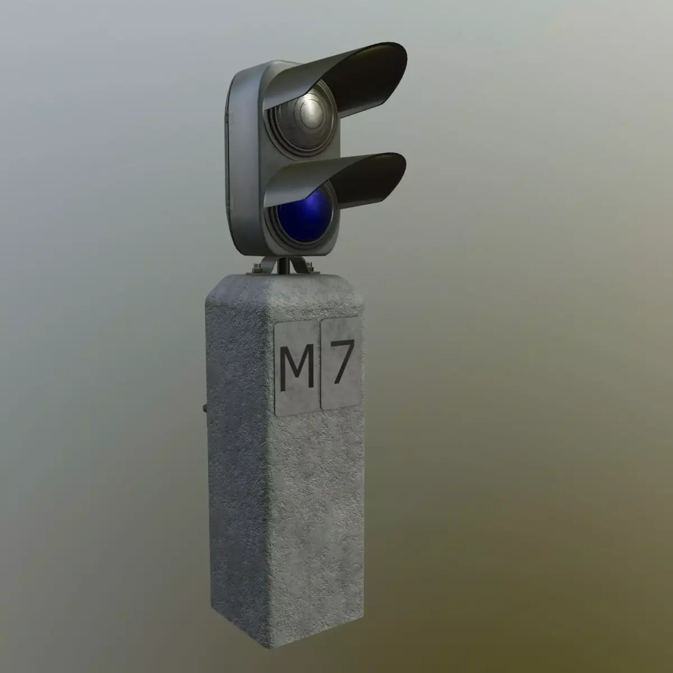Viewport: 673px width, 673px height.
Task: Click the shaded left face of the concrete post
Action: coord(236,449)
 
